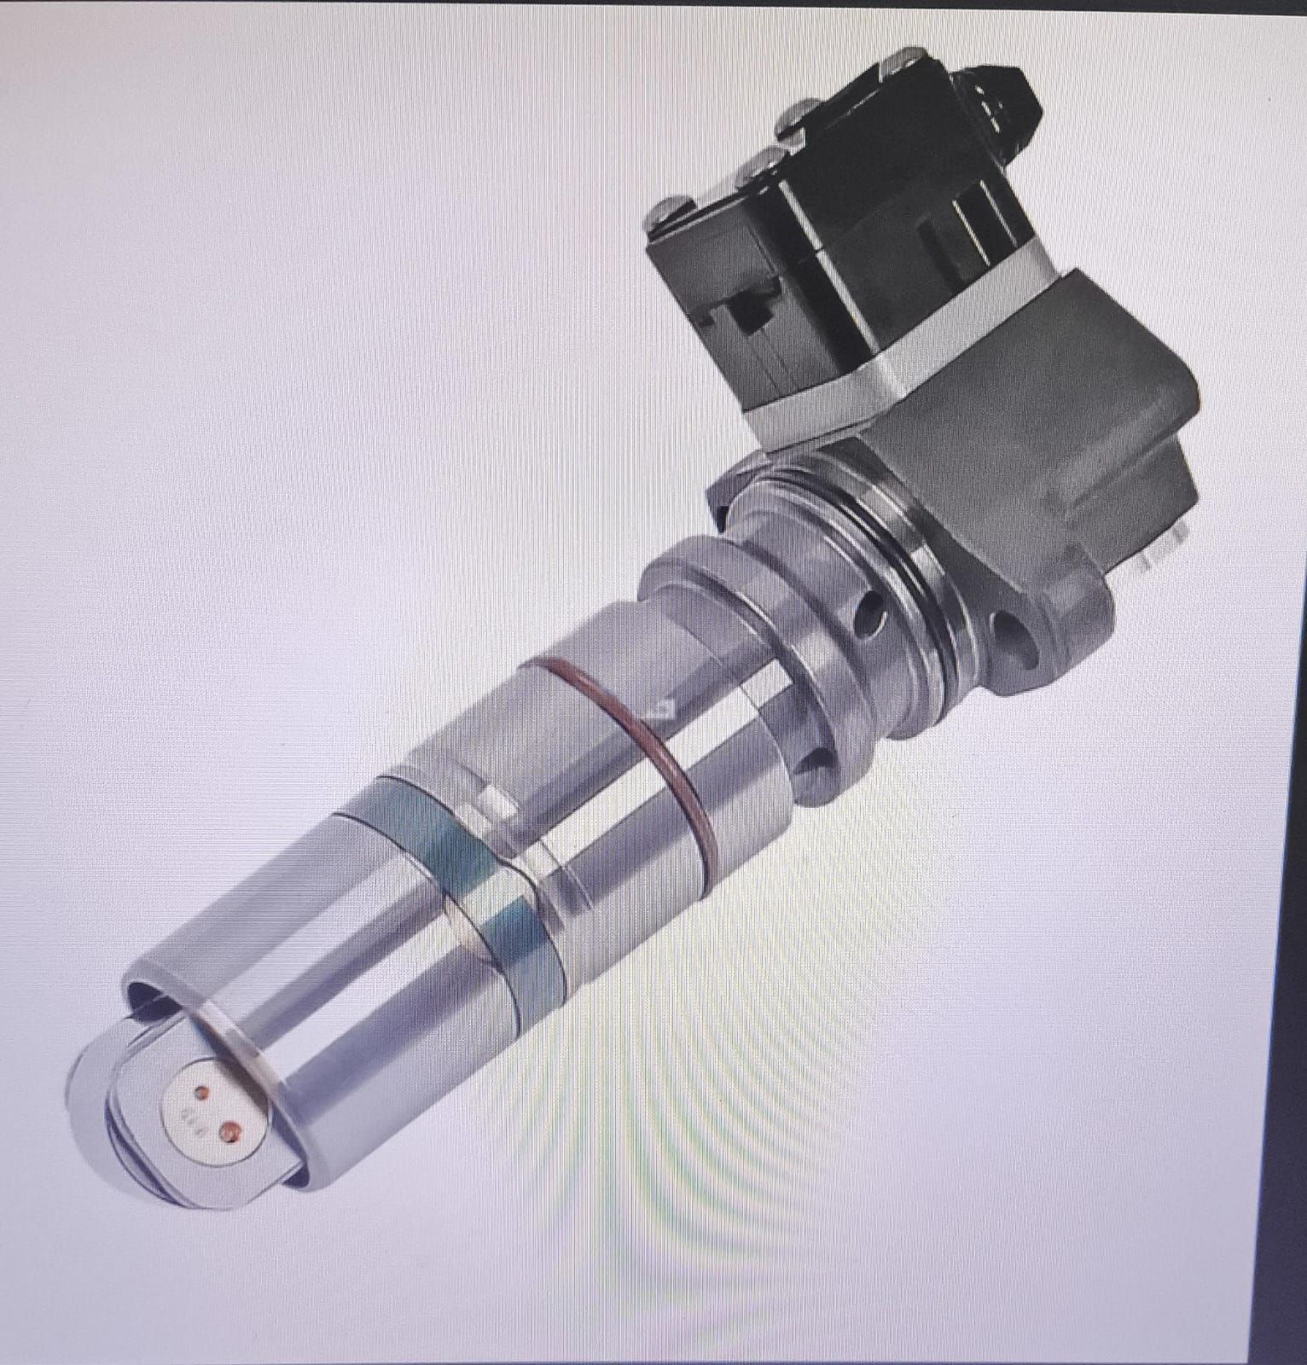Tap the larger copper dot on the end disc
(x=229, y=1131)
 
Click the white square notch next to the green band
(x=493, y=799)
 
